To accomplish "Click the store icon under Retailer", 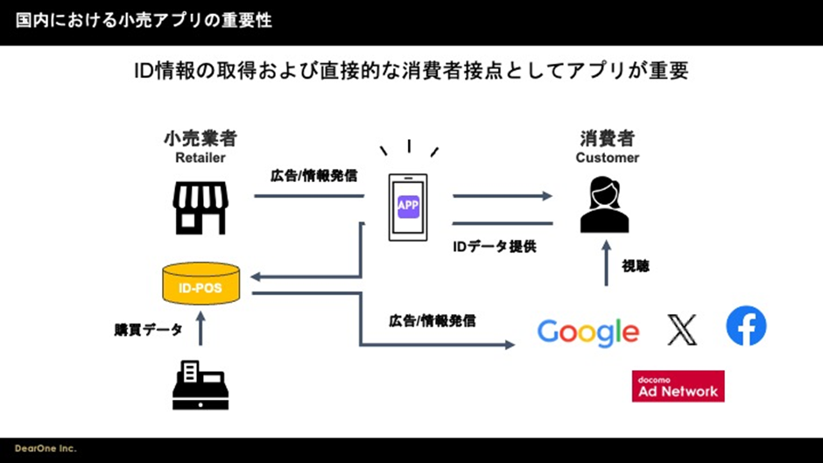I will pos(200,207).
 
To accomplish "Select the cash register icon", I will pos(200,385).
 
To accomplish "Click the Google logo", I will pos(588,332).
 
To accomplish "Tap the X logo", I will pos(681,329).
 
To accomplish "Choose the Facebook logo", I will pos(746,326).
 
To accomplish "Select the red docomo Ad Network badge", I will pos(678,386).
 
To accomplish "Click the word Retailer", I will pos(200,158).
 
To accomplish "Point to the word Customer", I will pos(607,158).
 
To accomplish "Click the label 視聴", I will pos(636,265).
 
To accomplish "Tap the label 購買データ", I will pos(148,330).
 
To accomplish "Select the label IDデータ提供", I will pos(494,247).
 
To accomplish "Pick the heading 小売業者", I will pos(200,139).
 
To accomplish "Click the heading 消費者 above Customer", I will pos(607,139).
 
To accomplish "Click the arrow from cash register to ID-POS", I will pos(200,330).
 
